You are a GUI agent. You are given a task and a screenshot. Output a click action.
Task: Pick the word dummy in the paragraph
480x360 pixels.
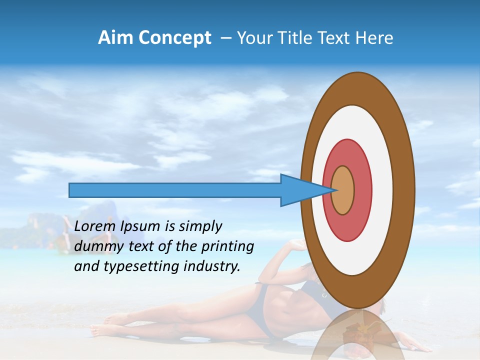point(95,246)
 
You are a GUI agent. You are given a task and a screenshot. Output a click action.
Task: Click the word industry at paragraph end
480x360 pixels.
point(212,266)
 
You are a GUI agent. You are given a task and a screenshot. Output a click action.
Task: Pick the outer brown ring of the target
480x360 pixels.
point(405,190)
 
